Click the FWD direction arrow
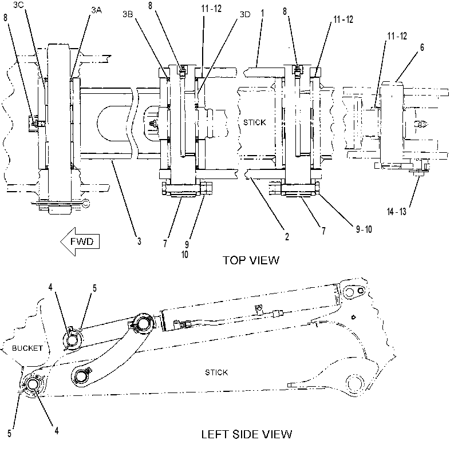click(x=80, y=241)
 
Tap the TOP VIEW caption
click(x=250, y=260)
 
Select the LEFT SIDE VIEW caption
click(x=247, y=434)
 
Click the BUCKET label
click(x=27, y=348)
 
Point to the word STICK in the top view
click(x=255, y=122)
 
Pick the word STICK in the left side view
click(x=216, y=372)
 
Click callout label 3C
click(x=18, y=5)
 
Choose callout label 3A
click(x=96, y=10)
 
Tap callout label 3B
click(x=128, y=14)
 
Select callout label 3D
click(x=245, y=14)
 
